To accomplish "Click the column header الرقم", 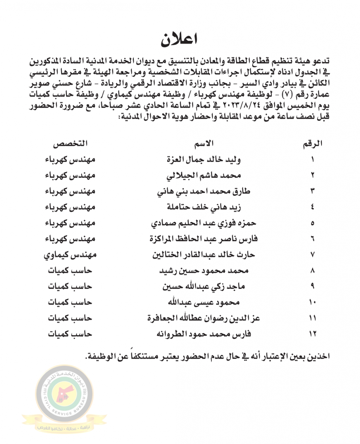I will coord(312,144).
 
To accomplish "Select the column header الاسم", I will coord(204,144).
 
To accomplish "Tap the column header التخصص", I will coord(70,144).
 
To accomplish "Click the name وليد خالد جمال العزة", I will coord(204,160).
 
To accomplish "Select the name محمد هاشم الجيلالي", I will coord(204,175).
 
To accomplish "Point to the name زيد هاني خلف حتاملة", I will coord(204,207).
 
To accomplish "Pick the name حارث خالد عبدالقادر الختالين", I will coord(204,255).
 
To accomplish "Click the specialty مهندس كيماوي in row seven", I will coord(70,255).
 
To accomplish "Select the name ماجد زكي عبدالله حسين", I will coord(204,286).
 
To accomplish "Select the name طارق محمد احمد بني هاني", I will coord(204,191).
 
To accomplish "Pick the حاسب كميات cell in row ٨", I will coord(70,271).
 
